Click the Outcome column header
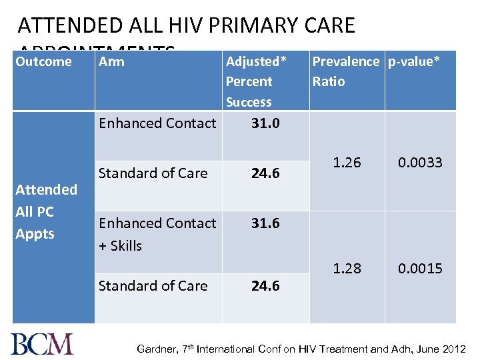43,62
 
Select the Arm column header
111,62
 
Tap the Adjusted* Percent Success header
256,81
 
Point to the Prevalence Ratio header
345,71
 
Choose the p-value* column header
414,62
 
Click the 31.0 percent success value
265,123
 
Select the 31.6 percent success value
265,223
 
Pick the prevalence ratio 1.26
347,163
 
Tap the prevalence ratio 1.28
347,268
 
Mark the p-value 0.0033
420,163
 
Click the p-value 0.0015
420,268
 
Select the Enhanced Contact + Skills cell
157,234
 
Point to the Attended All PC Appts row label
46,211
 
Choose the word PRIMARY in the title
249,26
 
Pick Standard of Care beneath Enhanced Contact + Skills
153,286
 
